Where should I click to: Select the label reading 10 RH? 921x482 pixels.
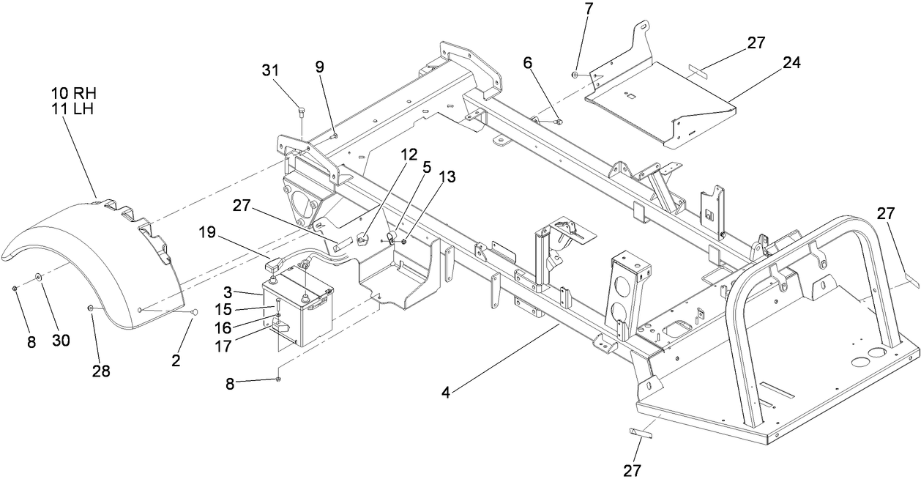[74, 94]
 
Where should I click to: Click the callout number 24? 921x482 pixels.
[791, 63]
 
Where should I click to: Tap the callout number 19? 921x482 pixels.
[206, 233]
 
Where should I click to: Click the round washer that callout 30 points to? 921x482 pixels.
[37, 278]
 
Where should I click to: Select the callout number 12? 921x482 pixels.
[409, 155]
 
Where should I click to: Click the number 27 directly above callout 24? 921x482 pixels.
[756, 43]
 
